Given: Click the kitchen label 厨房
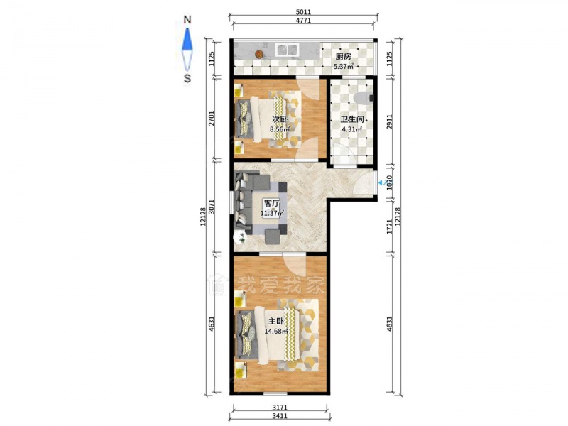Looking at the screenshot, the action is pos(343,57).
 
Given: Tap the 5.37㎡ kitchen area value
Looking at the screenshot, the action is pos(343,67).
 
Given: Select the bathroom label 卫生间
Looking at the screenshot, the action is pos(351,119).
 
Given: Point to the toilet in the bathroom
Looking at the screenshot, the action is pos(364,97).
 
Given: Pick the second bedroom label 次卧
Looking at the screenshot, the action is pos(280,119).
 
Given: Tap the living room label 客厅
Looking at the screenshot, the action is pos(271,203).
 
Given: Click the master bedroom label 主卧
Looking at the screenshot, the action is pos(275,321).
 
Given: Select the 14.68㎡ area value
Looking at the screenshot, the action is pos(276,331).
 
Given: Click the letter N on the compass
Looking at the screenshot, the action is pos(187,20).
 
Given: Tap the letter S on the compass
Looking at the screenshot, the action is pos(187,78).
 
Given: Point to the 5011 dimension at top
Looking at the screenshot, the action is pos(303,12).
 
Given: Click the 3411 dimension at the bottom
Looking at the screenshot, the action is pos(280,416).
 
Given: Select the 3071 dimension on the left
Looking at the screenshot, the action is pos(212,207).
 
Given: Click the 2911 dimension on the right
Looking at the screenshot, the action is pos(389,122).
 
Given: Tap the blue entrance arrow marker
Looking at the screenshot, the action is pos(381,183).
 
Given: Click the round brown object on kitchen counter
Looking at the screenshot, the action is pos(259,54).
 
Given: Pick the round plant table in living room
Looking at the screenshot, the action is pos(241,238).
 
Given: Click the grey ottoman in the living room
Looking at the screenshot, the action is pos(272,236).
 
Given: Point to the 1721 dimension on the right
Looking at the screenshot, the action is pos(389,226).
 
